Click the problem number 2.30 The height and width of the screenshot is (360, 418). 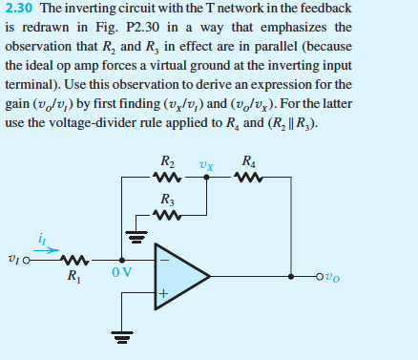[17, 9]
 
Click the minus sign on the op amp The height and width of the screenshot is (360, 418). [163, 257]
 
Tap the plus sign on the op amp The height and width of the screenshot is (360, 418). [163, 296]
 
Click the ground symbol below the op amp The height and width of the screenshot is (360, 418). [119, 336]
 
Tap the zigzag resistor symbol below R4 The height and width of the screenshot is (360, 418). [250, 177]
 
